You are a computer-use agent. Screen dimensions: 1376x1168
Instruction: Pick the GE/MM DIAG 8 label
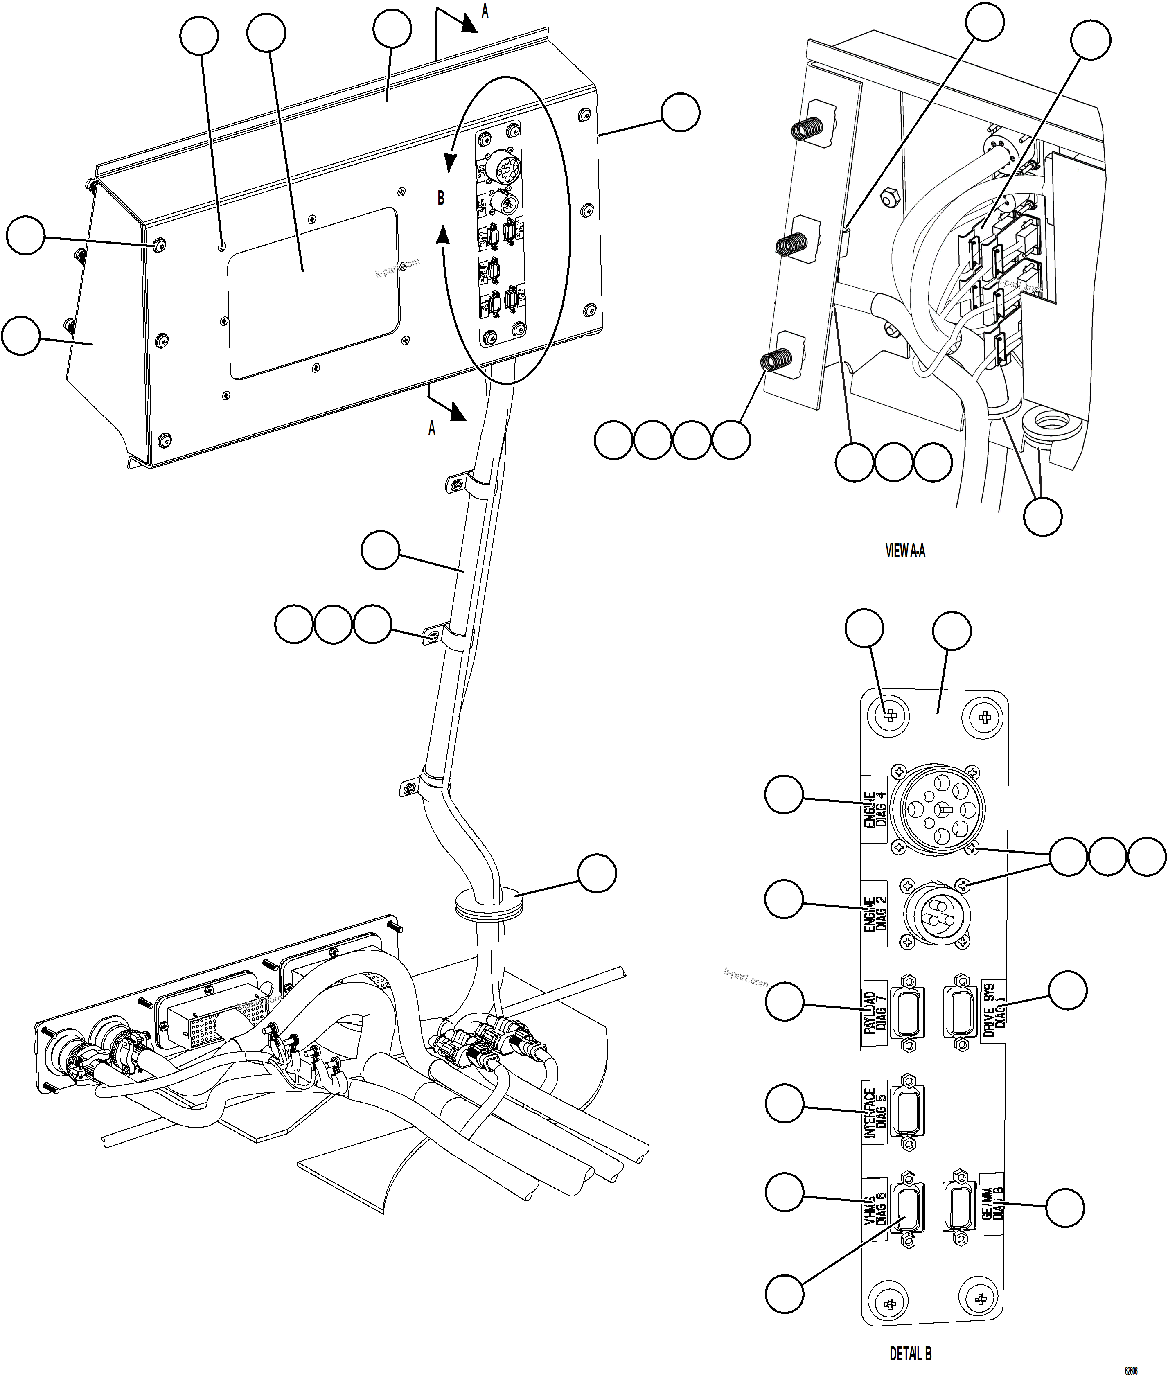coord(992,1212)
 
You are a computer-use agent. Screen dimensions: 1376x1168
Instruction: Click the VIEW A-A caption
coord(905,551)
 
